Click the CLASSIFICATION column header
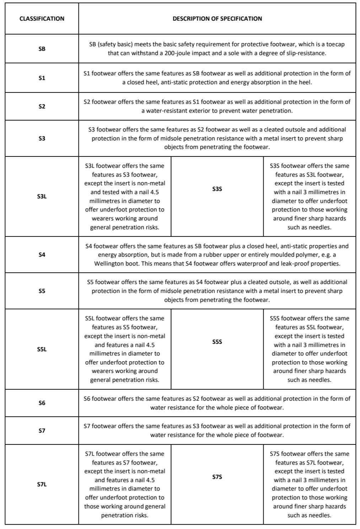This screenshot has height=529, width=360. pyautogui.click(x=42, y=19)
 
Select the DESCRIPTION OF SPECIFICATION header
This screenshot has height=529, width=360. pyautogui.click(x=217, y=19)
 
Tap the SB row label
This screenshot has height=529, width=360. pyautogui.click(x=42, y=49)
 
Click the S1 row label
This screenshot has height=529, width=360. pyautogui.click(x=42, y=78)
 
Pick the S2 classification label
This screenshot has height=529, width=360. pyautogui.click(x=42, y=106)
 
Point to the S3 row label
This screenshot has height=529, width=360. pyautogui.click(x=42, y=138)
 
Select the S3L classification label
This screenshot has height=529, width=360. pyautogui.click(x=42, y=196)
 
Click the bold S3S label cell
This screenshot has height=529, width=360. pyautogui.click(x=217, y=189)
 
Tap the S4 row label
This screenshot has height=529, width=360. pyautogui.click(x=42, y=255)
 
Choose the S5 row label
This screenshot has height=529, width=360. pyautogui.click(x=42, y=291)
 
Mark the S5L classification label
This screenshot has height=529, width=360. pyautogui.click(x=42, y=349)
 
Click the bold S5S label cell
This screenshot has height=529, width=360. pyautogui.click(x=217, y=342)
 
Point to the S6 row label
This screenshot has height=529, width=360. pyautogui.click(x=42, y=403)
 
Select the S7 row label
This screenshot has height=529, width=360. pyautogui.click(x=42, y=431)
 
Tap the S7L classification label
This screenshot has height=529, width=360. pyautogui.click(x=42, y=484)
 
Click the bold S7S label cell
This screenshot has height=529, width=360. pyautogui.click(x=217, y=477)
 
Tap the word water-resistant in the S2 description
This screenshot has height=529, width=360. pyautogui.click(x=166, y=111)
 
